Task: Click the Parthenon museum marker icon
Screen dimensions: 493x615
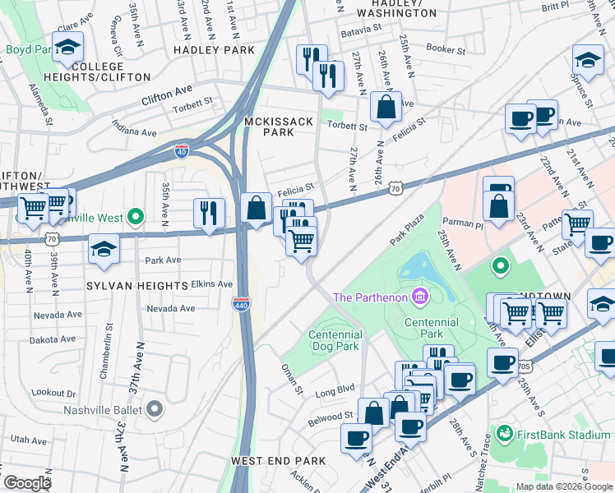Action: (x=419, y=296)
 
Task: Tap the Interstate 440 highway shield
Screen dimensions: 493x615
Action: (x=241, y=303)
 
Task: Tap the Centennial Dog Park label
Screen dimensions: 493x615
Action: (x=335, y=340)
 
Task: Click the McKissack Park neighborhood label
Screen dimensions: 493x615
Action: (x=280, y=127)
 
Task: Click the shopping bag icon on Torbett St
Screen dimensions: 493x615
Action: (x=386, y=107)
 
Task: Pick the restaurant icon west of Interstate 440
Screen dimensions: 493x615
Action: (x=209, y=213)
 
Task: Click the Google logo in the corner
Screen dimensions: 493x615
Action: (x=27, y=483)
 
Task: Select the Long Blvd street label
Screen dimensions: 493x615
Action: (x=335, y=388)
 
